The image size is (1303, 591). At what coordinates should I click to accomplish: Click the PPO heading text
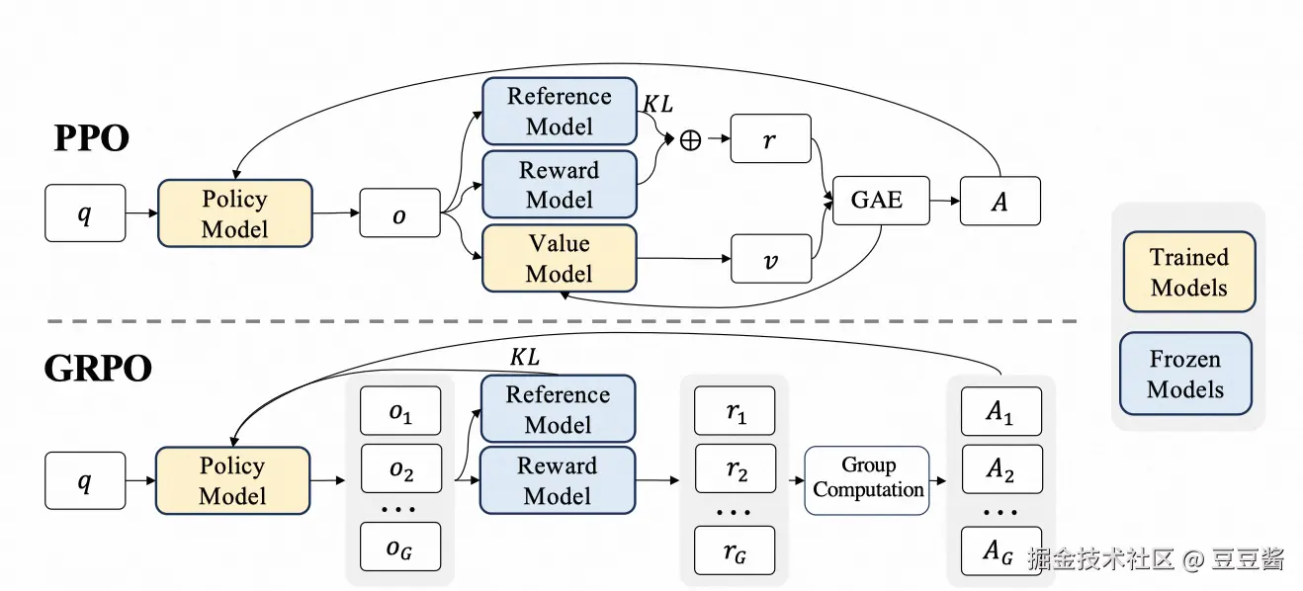(x=91, y=138)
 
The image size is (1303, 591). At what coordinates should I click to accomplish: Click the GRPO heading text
(x=98, y=369)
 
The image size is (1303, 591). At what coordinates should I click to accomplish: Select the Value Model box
(x=559, y=259)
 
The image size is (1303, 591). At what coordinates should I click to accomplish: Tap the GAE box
(x=876, y=201)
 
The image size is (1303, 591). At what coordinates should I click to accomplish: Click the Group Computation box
(x=868, y=479)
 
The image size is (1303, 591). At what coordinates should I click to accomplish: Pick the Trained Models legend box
(x=1188, y=273)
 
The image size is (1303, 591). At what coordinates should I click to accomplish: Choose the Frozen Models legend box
(x=1185, y=374)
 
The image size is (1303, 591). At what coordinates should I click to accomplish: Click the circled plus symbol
(x=690, y=140)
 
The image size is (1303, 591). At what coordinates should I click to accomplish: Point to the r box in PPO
(x=770, y=140)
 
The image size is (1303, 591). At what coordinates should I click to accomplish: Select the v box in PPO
(x=770, y=260)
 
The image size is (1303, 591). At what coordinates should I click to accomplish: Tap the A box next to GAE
(x=999, y=201)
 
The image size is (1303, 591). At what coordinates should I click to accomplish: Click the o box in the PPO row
(x=399, y=213)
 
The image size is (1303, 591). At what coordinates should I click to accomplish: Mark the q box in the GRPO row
(x=85, y=480)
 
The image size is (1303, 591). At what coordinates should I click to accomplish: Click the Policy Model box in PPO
(x=234, y=213)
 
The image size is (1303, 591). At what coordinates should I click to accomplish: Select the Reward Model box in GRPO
(x=558, y=480)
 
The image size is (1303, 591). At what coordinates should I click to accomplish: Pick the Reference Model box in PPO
(x=559, y=112)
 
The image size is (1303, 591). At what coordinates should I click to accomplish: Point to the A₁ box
(x=1000, y=411)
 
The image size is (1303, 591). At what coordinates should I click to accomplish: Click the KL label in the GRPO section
(x=525, y=358)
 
